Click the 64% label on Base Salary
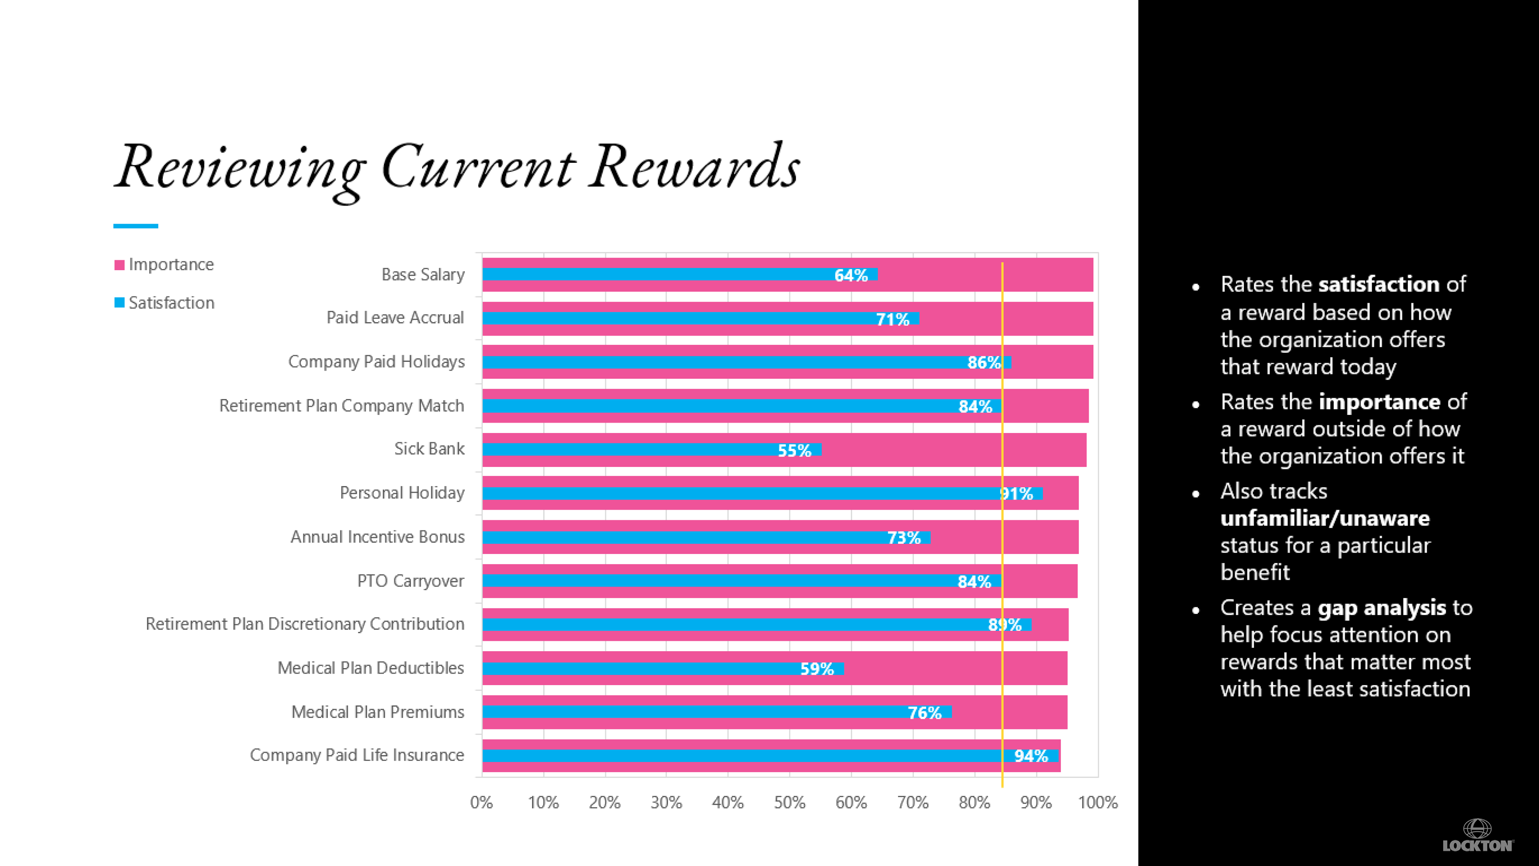tap(851, 275)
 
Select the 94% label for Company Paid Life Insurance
tap(1030, 757)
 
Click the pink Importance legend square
tap(119, 265)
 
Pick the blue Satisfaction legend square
tap(119, 303)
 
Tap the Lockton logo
tap(1477, 836)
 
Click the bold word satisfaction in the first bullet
tap(1379, 285)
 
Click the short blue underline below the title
tap(135, 226)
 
